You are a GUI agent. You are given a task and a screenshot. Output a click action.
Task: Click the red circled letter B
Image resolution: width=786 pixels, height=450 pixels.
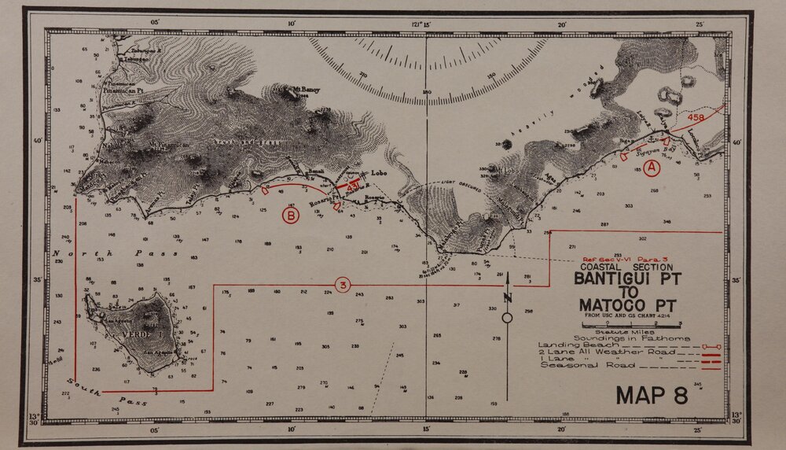(290, 214)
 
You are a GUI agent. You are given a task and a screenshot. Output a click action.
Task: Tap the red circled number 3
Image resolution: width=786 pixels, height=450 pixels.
(342, 284)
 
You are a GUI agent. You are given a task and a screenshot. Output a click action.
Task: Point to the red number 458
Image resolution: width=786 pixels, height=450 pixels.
(696, 118)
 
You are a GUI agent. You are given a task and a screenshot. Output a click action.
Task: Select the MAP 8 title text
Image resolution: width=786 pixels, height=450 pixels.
(652, 394)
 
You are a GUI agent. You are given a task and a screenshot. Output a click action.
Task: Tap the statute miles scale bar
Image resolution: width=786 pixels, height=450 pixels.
(630, 324)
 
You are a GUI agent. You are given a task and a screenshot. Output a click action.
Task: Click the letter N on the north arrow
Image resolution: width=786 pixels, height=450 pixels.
(508, 297)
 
